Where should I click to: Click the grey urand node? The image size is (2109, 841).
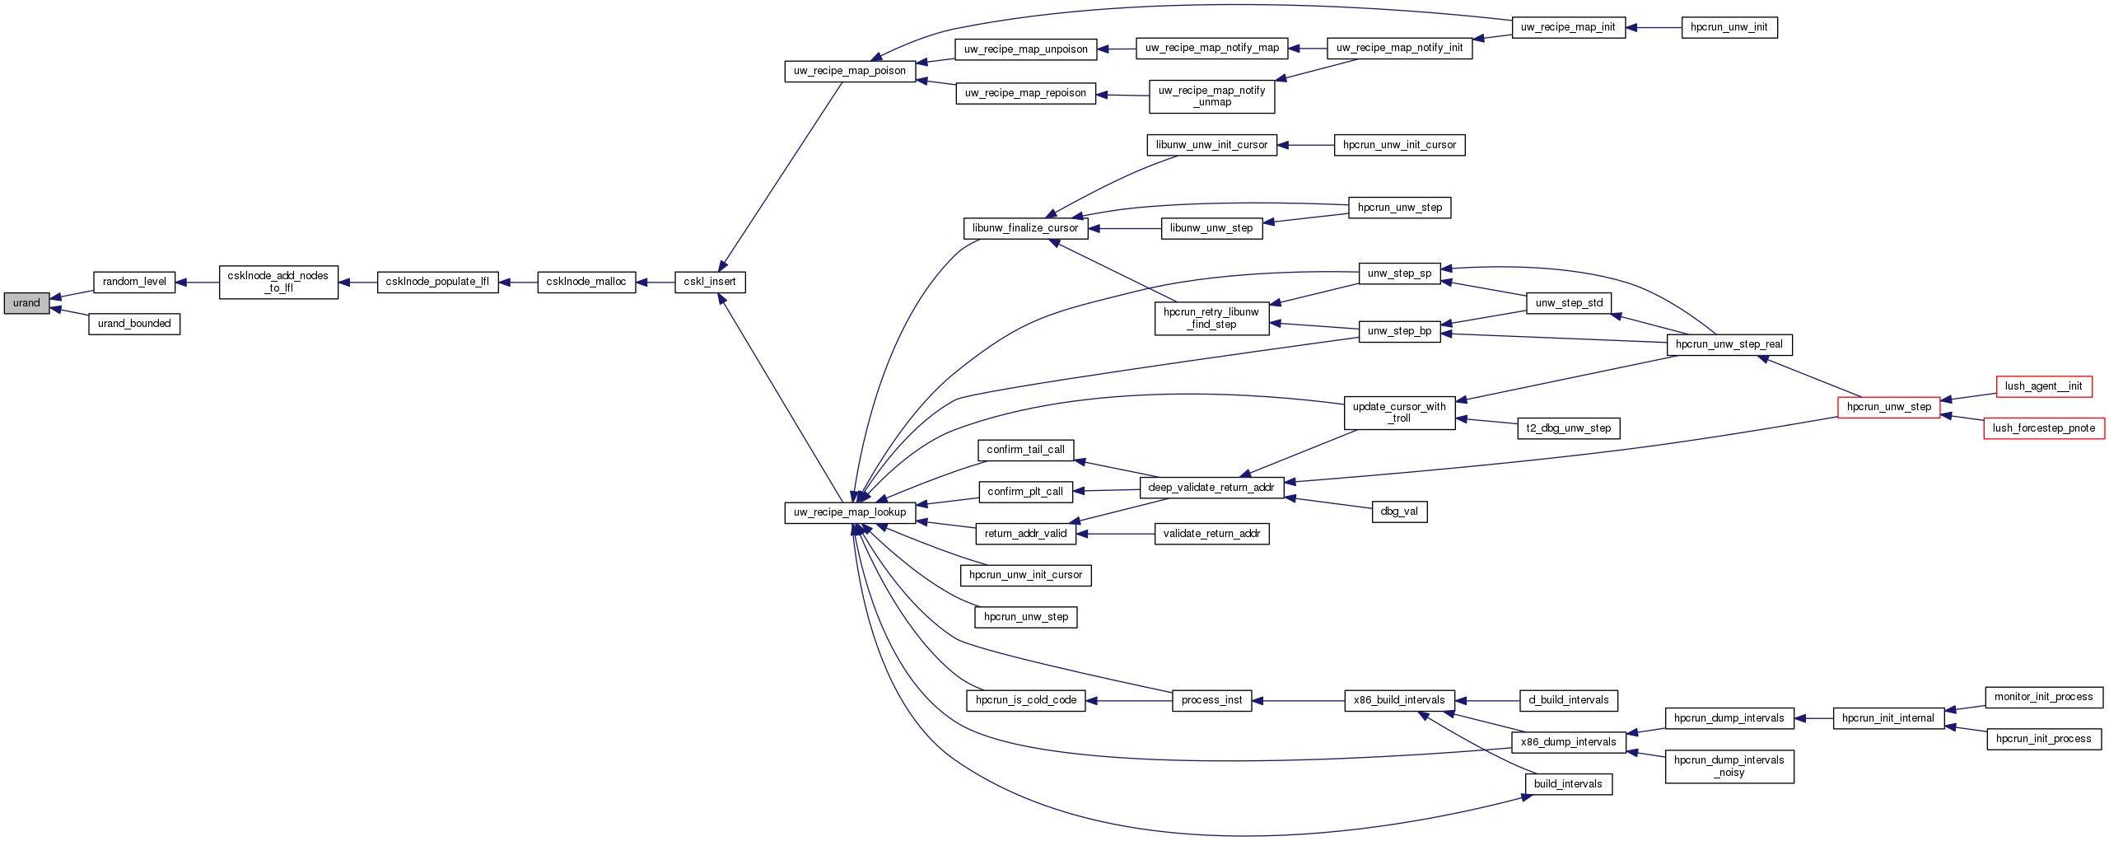click(26, 303)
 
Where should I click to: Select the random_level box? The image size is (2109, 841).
click(134, 282)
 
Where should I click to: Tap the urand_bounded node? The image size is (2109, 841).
click(134, 324)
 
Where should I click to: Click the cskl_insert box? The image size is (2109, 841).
click(710, 282)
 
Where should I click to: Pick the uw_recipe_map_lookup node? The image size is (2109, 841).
click(850, 512)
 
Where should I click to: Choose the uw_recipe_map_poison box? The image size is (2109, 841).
click(850, 71)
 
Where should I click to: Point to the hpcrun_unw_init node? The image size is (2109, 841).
click(1729, 27)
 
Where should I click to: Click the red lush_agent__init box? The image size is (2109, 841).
click(2044, 386)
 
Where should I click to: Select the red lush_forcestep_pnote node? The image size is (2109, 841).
click(2044, 428)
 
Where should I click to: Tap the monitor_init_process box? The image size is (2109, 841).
click(2044, 697)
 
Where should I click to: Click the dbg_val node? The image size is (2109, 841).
click(1400, 512)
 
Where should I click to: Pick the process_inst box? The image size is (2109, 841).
click(1211, 700)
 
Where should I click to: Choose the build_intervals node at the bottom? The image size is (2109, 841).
click(1568, 784)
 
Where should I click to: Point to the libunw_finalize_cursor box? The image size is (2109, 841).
click(1025, 228)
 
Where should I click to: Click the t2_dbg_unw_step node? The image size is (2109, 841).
click(1569, 428)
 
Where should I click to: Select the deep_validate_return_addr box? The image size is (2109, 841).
click(1211, 488)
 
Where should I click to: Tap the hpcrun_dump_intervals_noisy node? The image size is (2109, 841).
click(1729, 766)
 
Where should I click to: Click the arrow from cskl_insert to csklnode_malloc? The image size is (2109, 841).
click(656, 282)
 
